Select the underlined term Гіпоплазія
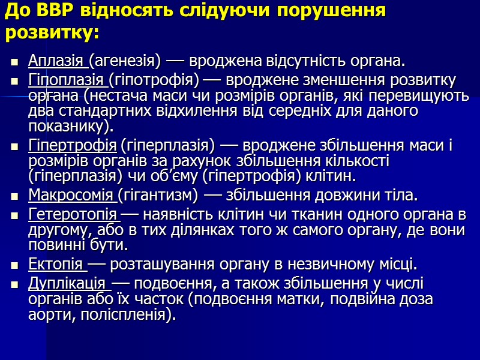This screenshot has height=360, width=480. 68,80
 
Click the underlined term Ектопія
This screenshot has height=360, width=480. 54,265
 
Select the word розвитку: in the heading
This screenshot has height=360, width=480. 52,34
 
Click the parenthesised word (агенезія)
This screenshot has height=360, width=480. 125,61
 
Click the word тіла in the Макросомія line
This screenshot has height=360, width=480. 400,196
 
